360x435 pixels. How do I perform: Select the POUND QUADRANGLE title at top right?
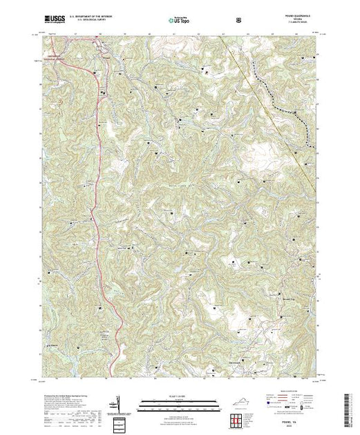299,18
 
